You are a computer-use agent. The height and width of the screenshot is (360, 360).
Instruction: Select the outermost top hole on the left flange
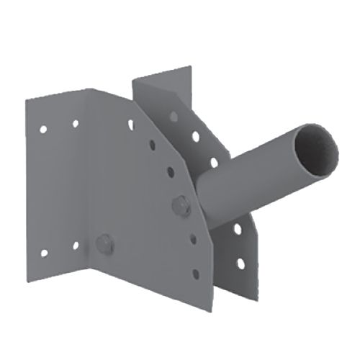click(43, 130)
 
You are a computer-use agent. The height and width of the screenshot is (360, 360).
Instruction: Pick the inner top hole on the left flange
click(75, 124)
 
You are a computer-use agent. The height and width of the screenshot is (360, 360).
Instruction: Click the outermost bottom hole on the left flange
click(43, 253)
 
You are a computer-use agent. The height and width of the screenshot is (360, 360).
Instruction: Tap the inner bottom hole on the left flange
click(75, 246)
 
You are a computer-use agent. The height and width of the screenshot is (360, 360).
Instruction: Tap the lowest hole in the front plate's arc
click(194, 274)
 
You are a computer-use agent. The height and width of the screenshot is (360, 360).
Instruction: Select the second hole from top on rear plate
click(194, 135)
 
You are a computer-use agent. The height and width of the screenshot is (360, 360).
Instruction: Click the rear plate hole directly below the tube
click(237, 229)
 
